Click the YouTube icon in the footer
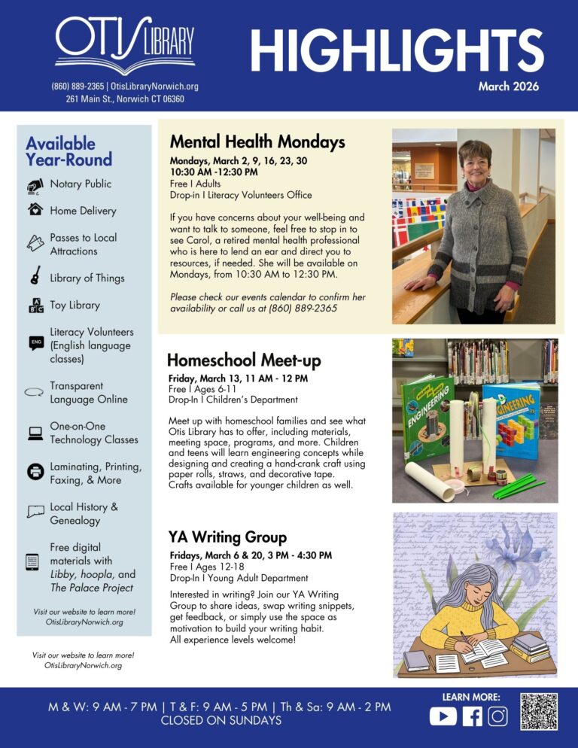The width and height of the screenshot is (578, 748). pos(443,716)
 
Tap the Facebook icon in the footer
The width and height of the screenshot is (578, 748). pos(472,716)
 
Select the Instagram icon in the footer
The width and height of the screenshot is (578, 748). pos(497,716)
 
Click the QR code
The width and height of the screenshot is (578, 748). pos(539,712)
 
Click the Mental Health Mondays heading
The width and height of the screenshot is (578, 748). pos(257,141)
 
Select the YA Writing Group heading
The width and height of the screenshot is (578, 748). pos(228,537)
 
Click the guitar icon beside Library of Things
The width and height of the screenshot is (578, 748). pos(35,277)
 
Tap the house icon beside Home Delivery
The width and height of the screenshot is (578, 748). pos(35,211)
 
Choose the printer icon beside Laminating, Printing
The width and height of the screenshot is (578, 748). pos(35,473)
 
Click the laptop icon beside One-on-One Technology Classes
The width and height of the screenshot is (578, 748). pos(35,433)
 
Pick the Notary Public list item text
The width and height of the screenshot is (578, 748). pos(81,184)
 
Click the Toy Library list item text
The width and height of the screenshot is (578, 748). pos(75,305)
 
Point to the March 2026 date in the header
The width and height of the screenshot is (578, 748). pos(508,87)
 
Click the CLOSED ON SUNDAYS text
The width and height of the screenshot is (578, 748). pos(221,721)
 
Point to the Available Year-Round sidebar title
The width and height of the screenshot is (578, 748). pos(68,151)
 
